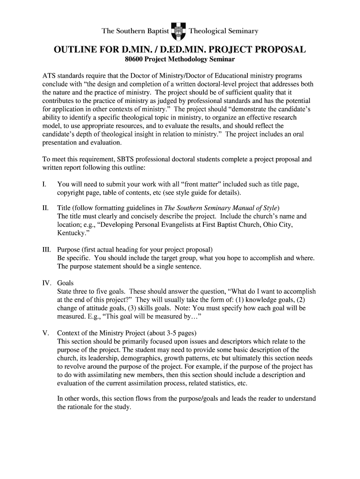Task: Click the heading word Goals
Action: (65, 283)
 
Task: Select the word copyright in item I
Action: (71, 193)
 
